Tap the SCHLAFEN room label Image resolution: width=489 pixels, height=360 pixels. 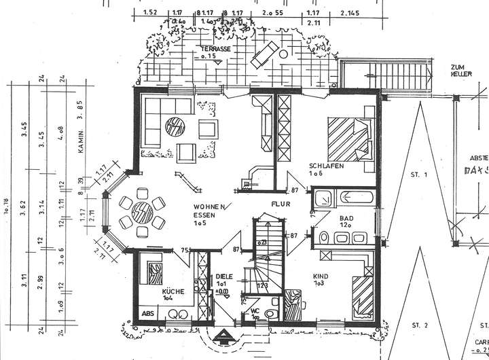coord(325,166)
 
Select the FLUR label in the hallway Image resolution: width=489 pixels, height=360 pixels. coord(282,202)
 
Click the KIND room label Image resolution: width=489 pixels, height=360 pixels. coord(321,276)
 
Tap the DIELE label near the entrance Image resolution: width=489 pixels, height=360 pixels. coord(223,277)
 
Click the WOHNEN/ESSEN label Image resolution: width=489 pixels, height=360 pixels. coord(206,215)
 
